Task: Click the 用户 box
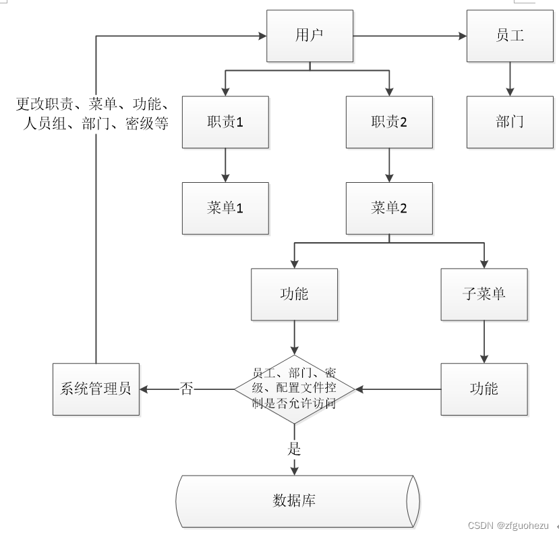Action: (310, 36)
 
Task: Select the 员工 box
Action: (509, 36)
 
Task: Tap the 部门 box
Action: (509, 122)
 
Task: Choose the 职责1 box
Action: (225, 122)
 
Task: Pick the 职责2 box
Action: (388, 122)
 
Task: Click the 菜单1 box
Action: (225, 208)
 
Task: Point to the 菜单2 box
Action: (388, 208)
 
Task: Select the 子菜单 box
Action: (483, 294)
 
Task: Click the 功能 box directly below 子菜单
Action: (483, 389)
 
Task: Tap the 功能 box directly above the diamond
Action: (294, 294)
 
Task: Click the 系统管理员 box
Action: (96, 389)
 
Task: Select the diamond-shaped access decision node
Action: (294, 389)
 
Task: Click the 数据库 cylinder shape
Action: (297, 501)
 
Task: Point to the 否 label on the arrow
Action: (187, 389)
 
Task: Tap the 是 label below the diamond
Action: (294, 448)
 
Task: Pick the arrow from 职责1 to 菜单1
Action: (225, 165)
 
